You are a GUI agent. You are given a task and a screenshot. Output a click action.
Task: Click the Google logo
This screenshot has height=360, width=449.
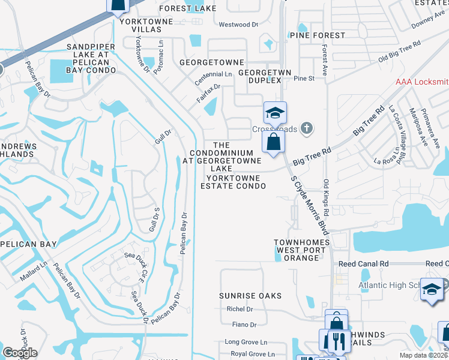pyautogui.click(x=20, y=352)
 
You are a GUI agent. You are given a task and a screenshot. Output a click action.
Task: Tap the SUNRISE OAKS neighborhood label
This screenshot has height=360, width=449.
pyautogui.click(x=243, y=296)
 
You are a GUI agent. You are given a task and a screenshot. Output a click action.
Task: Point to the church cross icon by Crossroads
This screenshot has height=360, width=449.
pyautogui.click(x=307, y=128)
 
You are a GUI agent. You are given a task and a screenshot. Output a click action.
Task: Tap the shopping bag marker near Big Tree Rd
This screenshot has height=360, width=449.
pyautogui.click(x=274, y=142)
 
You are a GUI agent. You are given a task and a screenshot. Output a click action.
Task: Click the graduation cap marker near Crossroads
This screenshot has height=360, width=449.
pyautogui.click(x=274, y=112)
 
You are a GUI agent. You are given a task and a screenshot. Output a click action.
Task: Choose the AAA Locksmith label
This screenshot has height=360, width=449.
pyautogui.click(x=422, y=81)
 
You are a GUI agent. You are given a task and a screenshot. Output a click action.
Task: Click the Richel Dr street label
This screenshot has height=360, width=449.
pyautogui.click(x=240, y=309)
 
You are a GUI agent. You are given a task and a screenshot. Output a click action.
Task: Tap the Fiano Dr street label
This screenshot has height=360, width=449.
pyautogui.click(x=244, y=325)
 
